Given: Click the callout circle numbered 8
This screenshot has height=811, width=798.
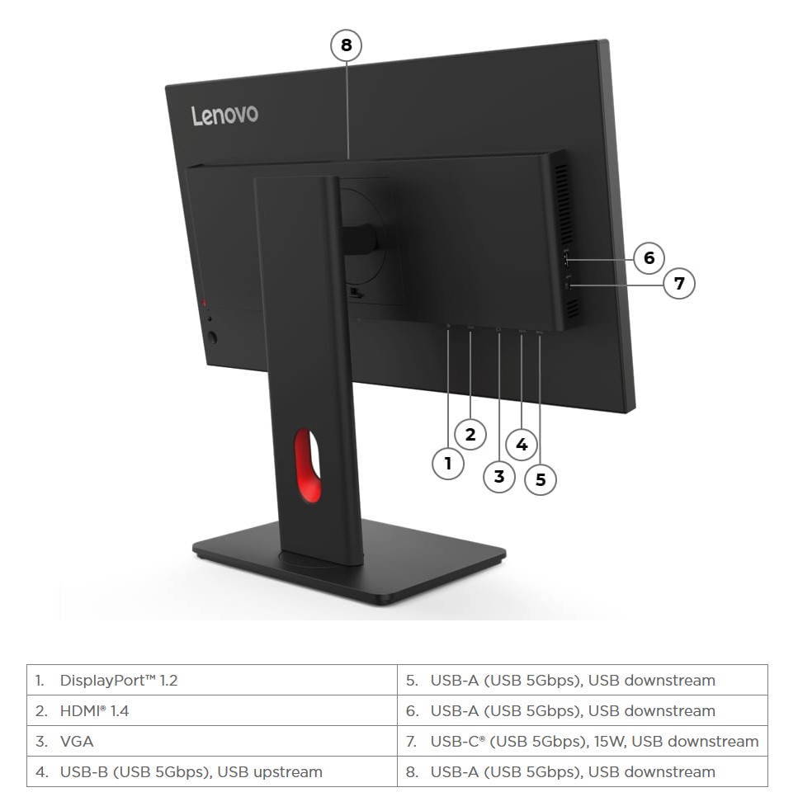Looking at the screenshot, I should pyautogui.click(x=347, y=45).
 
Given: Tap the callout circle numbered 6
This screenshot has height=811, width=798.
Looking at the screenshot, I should pyautogui.click(x=649, y=258).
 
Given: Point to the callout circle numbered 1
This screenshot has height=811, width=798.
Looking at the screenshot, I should pyautogui.click(x=448, y=463).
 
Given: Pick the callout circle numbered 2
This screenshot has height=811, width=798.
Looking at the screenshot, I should pyautogui.click(x=470, y=435).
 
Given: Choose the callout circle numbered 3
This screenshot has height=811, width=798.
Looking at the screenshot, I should pyautogui.click(x=498, y=477).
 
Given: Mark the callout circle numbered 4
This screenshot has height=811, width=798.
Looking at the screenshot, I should pyautogui.click(x=522, y=445).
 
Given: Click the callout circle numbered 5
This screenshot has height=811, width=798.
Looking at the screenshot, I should pyautogui.click(x=541, y=479).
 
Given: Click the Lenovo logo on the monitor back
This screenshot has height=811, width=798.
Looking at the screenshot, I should pyautogui.click(x=224, y=115).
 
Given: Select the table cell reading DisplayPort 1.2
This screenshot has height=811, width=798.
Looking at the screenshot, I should pyautogui.click(x=212, y=681).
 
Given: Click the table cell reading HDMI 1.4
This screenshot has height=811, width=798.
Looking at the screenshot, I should pyautogui.click(x=212, y=711).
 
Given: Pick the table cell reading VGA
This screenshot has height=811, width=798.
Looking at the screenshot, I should pyautogui.click(x=212, y=742).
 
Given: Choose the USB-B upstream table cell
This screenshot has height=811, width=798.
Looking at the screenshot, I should pyautogui.click(x=212, y=772).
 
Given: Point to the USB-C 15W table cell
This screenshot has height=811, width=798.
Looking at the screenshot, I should pyautogui.click(x=583, y=742).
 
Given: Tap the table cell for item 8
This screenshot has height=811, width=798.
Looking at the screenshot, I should pyautogui.click(x=583, y=772).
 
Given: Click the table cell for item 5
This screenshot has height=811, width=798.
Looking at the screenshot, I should pyautogui.click(x=583, y=681).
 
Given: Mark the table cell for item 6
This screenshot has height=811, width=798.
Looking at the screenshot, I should pyautogui.click(x=583, y=711).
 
